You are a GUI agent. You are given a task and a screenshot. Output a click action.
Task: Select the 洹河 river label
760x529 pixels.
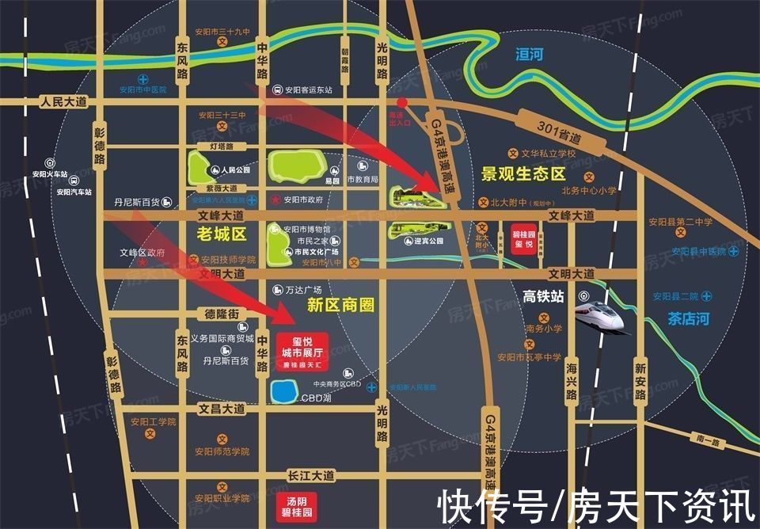tap(529, 55)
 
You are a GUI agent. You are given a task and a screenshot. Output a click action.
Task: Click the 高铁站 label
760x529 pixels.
tap(543, 296)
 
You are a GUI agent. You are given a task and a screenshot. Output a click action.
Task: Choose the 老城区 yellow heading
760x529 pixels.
tap(222, 234)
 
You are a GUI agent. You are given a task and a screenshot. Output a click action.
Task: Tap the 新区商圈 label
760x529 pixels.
tap(340, 305)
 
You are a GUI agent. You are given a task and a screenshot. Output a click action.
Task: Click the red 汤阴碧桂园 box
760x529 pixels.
tap(295, 504)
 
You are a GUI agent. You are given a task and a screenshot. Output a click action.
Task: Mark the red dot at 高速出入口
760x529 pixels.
tap(401, 102)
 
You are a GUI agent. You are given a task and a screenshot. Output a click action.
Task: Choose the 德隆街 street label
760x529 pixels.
tap(222, 314)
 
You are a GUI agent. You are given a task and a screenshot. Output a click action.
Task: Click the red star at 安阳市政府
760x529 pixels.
tap(275, 199)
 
